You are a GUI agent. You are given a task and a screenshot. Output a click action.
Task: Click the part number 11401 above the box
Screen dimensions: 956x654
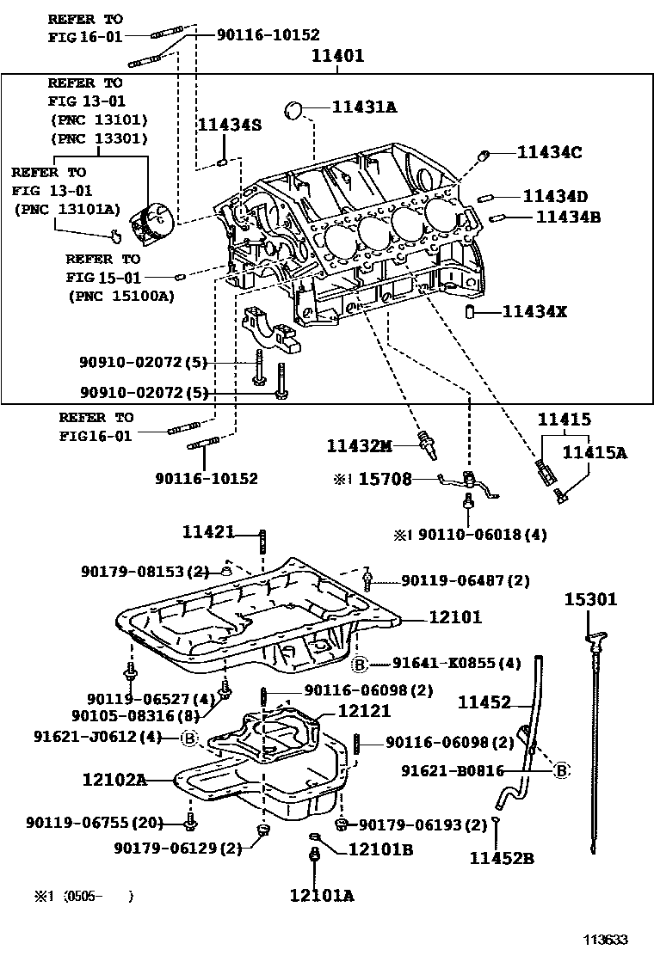click(x=337, y=57)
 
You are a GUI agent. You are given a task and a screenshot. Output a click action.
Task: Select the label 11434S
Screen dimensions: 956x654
click(x=229, y=125)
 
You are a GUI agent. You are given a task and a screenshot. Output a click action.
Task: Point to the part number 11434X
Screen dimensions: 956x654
click(x=534, y=311)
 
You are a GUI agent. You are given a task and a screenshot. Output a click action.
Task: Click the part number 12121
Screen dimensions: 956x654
click(x=364, y=711)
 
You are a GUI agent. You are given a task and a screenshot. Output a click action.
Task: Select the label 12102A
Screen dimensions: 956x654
click(x=114, y=780)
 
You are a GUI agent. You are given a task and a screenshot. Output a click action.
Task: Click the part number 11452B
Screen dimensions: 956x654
click(x=502, y=857)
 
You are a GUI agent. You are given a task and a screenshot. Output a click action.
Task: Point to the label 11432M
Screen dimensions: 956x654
click(x=359, y=445)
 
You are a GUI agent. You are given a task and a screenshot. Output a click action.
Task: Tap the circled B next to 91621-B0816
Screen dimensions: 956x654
click(x=561, y=770)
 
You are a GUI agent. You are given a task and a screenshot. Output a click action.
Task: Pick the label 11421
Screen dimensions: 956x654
click(x=208, y=532)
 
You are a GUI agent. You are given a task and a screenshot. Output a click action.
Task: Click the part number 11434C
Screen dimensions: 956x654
click(x=550, y=152)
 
